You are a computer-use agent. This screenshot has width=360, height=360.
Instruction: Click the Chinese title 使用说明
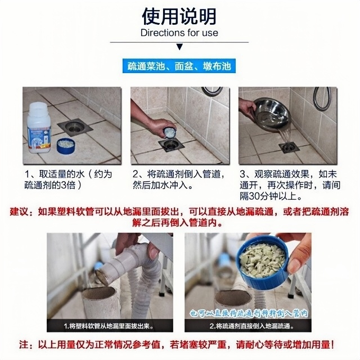179,16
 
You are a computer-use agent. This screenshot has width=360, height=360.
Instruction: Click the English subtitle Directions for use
179,33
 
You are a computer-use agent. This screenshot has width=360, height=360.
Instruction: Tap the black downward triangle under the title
179,47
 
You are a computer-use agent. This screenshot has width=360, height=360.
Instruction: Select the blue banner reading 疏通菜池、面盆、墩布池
179,66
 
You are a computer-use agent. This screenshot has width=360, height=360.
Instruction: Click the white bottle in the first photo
39,128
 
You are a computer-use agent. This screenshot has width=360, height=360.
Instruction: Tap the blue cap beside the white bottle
65,146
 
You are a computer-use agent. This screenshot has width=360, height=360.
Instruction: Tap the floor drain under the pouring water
289,147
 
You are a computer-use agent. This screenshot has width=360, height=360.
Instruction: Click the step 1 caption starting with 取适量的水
68,179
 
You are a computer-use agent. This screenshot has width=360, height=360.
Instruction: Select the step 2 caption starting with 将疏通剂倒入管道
178,179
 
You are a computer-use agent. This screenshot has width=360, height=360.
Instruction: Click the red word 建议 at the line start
19,211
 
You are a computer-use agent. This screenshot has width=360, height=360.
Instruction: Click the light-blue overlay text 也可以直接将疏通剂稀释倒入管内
249,313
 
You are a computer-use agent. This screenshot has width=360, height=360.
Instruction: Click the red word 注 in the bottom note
24,345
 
